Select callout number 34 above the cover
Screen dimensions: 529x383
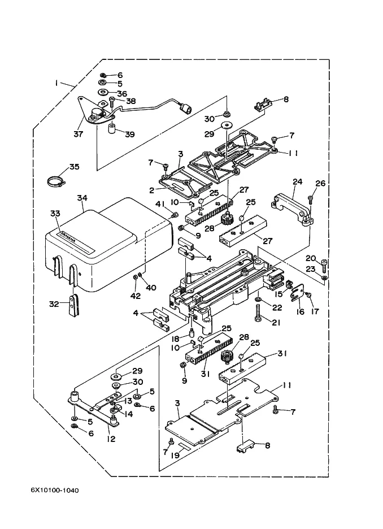[82, 198]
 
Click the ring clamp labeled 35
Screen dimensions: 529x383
[54, 181]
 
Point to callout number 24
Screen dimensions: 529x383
[298, 182]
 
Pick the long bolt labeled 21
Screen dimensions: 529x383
[259, 311]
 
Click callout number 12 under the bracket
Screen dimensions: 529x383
[111, 439]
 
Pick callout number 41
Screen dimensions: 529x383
[160, 204]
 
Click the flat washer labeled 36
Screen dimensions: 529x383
[105, 93]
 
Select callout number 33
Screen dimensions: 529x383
[55, 213]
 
